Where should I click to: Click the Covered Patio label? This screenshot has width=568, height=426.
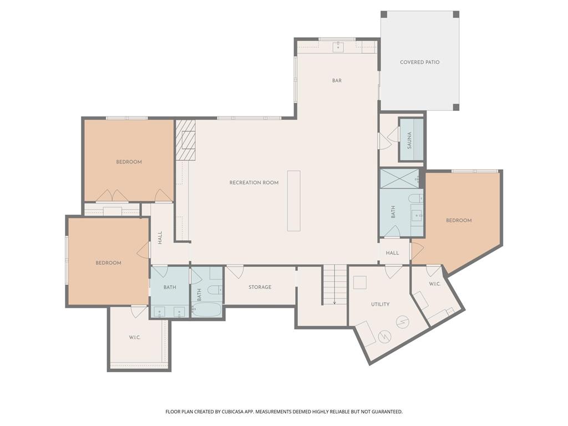(419, 62)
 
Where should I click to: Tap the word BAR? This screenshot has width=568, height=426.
(337, 80)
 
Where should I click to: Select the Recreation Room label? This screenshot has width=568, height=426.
(254, 182)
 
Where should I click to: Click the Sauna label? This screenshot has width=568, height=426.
(409, 140)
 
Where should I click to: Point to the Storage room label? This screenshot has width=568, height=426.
(260, 287)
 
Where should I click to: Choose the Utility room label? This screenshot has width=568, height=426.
(381, 304)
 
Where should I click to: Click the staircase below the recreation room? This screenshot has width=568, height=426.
(334, 285)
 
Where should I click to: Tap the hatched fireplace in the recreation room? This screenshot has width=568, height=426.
(185, 140)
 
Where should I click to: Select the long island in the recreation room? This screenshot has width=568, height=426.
(294, 201)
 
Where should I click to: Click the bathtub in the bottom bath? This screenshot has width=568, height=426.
(206, 310)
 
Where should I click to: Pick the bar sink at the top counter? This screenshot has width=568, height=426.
(338, 47)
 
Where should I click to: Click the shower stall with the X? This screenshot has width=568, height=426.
(399, 178)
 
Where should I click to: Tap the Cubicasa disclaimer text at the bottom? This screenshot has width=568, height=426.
(284, 412)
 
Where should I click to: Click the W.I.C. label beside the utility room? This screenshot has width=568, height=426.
(435, 283)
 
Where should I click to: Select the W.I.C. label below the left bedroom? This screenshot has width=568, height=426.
(134, 337)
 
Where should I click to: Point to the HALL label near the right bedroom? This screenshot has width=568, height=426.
(392, 253)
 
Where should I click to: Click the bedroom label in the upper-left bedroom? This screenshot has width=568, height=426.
(129, 162)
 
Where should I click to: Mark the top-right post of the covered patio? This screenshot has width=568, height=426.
(456, 14)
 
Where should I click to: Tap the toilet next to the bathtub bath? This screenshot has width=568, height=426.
(214, 290)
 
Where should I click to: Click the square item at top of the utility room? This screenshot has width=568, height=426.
(359, 282)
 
